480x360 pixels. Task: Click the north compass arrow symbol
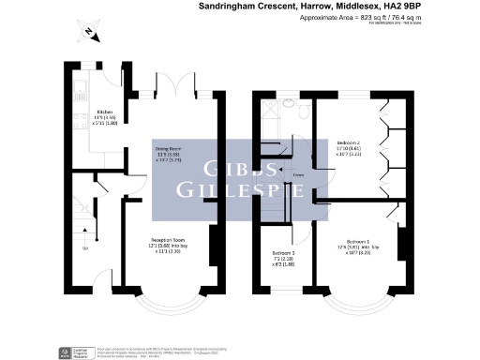pos(86,35)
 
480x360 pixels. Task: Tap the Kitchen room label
pos(106,118)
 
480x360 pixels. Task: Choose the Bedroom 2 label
pos(348,145)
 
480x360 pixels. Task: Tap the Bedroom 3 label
pos(283,256)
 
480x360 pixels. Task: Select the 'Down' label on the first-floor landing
pos(299,175)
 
